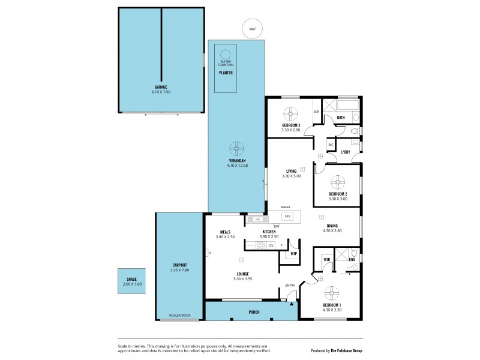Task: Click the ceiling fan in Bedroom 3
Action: pyautogui.click(x=290, y=113)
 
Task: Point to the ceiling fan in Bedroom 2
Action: pyautogui.click(x=338, y=182)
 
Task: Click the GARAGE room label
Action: pyautogui.click(x=160, y=87)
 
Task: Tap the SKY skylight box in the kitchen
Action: pyautogui.click(x=287, y=215)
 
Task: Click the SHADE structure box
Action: pyautogui.click(x=130, y=281)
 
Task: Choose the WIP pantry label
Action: pyautogui.click(x=294, y=254)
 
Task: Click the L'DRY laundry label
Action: pyautogui.click(x=346, y=152)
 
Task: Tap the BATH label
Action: pyautogui.click(x=340, y=118)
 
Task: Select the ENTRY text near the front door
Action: pyautogui.click(x=290, y=286)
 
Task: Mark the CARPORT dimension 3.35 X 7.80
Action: pyautogui.click(x=179, y=271)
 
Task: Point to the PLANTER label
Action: pyautogui.click(x=226, y=73)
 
